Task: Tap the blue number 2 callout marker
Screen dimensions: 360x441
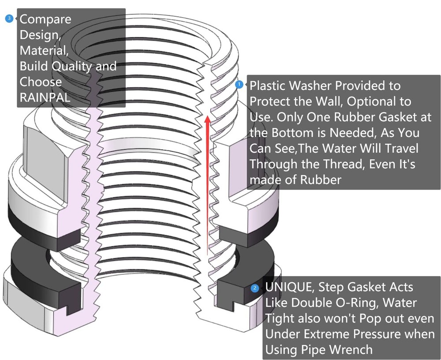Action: coord(255,288)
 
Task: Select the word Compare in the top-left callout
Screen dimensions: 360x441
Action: coord(45,20)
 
